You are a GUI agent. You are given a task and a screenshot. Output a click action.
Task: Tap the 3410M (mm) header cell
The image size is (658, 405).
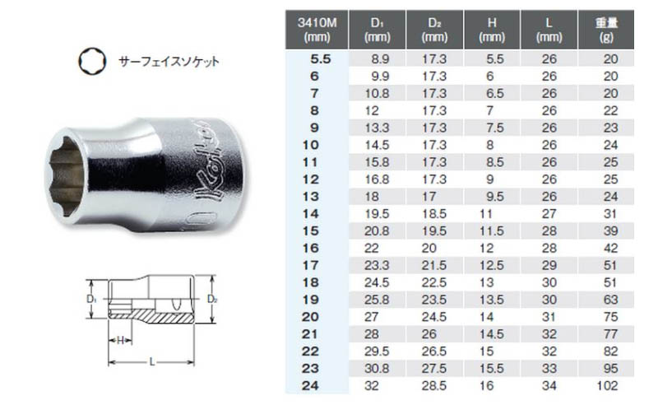pos(316,30)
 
